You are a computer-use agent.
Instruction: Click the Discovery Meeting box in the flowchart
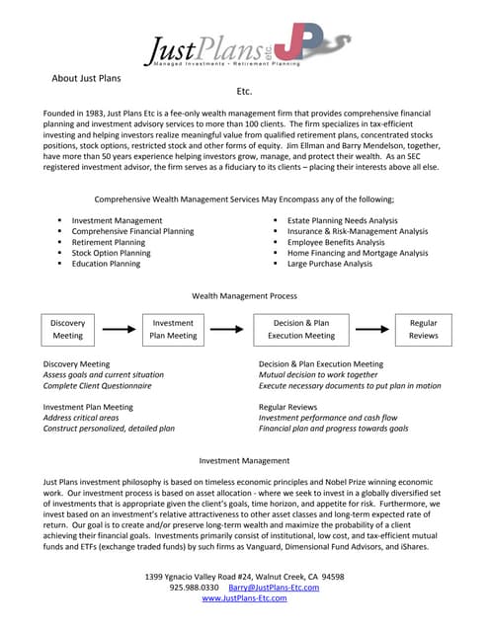coord(68,329)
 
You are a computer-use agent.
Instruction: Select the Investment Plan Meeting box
coord(173,329)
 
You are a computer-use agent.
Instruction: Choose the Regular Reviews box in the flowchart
coord(423,329)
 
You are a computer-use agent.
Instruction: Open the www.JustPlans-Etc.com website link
coord(244,598)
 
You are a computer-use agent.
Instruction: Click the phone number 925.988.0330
coord(194,587)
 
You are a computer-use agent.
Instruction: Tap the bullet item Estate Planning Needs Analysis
coord(342,220)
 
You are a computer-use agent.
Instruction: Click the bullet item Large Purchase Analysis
coord(329,264)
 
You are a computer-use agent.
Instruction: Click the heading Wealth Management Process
coord(244,295)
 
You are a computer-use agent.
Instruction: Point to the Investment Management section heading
coord(244,460)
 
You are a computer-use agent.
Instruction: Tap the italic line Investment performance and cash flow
coord(327,418)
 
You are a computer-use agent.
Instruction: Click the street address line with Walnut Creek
coord(244,575)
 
